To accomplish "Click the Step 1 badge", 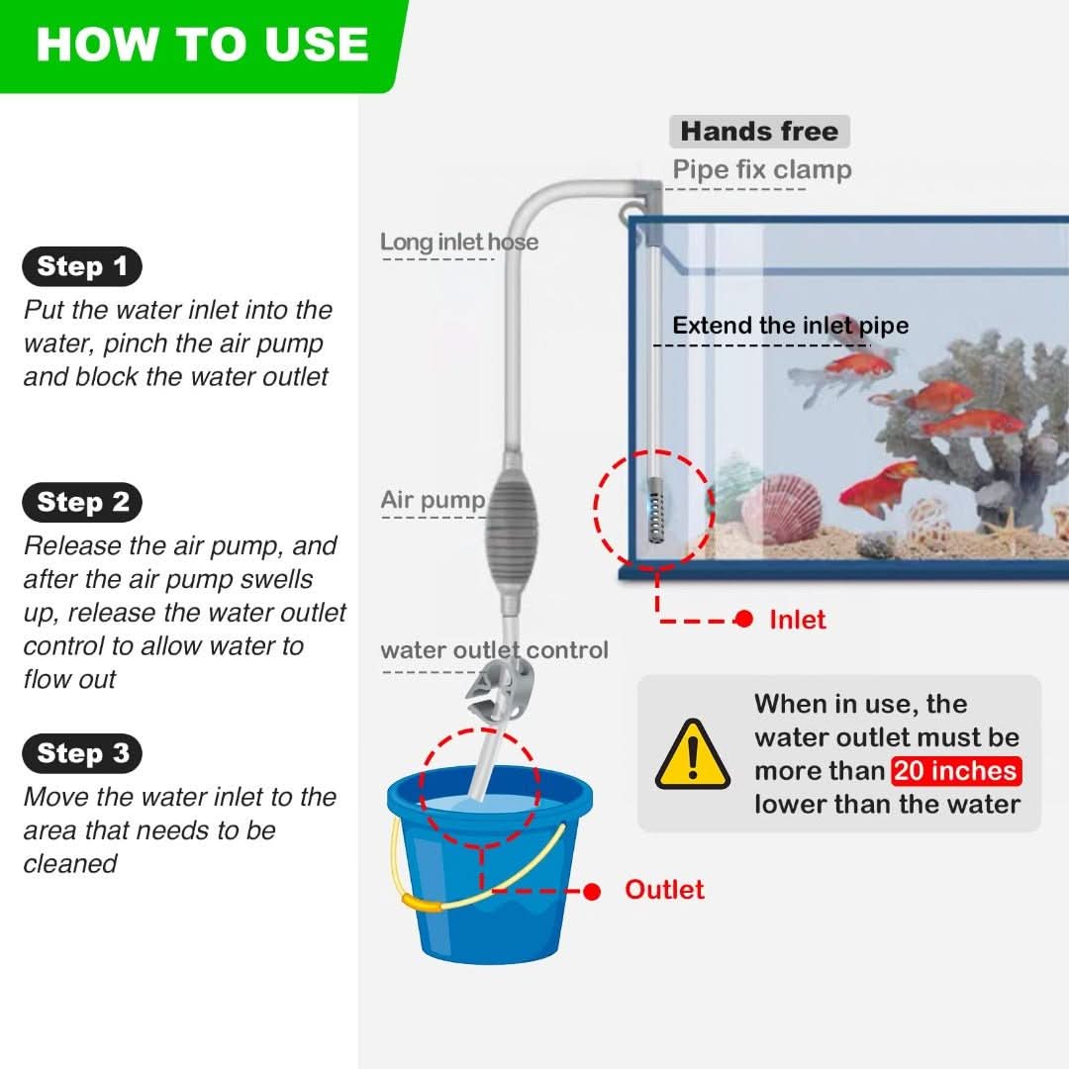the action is pyautogui.click(x=82, y=266).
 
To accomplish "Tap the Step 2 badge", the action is pyautogui.click(x=82, y=503).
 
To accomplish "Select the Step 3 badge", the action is pyautogui.click(x=82, y=753).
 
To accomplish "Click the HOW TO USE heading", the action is pyautogui.click(x=203, y=45).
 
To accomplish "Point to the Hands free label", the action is pyautogui.click(x=759, y=131).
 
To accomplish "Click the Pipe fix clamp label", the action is pyautogui.click(x=762, y=169).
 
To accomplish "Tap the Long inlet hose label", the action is pyautogui.click(x=459, y=243).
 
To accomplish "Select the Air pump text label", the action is pyautogui.click(x=433, y=500).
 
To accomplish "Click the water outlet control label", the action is pyautogui.click(x=494, y=649).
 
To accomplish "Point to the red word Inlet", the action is pyautogui.click(x=798, y=620).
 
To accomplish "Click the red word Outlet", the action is pyautogui.click(x=664, y=890).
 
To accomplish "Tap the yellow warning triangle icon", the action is pyautogui.click(x=693, y=755).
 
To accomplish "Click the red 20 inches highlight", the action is pyautogui.click(x=956, y=771).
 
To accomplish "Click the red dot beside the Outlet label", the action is pyautogui.click(x=592, y=891).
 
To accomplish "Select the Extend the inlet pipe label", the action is pyautogui.click(x=790, y=326).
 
